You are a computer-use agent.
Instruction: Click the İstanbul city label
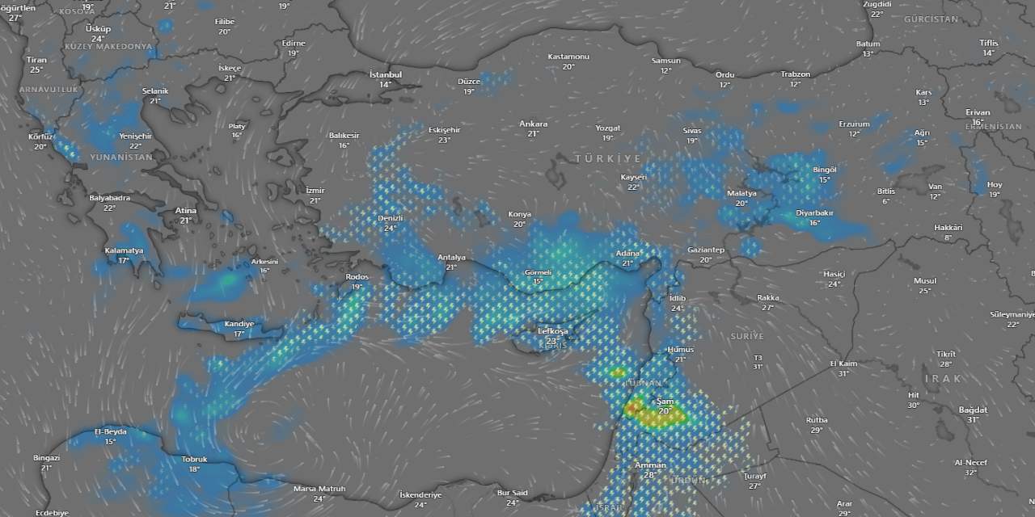(385, 74)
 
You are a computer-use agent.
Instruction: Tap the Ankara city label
(533, 124)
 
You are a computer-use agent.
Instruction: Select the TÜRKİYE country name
(607, 158)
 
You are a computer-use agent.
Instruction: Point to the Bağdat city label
(973, 410)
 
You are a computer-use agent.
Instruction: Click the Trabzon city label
(795, 74)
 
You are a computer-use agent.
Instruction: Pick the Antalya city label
(451, 258)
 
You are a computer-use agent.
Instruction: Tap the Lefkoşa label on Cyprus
(553, 331)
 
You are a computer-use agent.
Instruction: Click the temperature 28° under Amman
(648, 476)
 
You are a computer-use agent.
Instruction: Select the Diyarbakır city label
(814, 213)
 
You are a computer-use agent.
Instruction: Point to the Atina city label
(186, 211)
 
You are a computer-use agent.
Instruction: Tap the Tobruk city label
(194, 459)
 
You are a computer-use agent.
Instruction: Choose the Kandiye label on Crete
(239, 324)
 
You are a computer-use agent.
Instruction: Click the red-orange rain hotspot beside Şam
(635, 410)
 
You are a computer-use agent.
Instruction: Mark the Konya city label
(519, 214)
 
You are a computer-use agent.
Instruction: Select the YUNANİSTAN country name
(120, 157)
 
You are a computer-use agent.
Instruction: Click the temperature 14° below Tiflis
(989, 53)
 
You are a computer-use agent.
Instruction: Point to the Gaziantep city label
(705, 250)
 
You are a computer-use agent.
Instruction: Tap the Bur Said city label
(512, 492)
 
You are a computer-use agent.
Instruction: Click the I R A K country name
(943, 378)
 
